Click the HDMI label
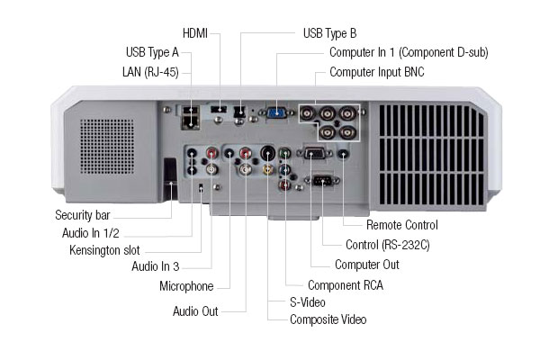click(194, 34)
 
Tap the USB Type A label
click(151, 52)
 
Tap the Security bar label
click(87, 215)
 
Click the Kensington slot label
click(105, 248)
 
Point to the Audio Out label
click(196, 311)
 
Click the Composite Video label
click(328, 319)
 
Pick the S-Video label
click(307, 302)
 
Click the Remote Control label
click(401, 225)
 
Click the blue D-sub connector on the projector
click(276, 113)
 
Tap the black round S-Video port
click(267, 153)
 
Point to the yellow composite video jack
click(267, 168)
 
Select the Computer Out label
click(366, 265)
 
